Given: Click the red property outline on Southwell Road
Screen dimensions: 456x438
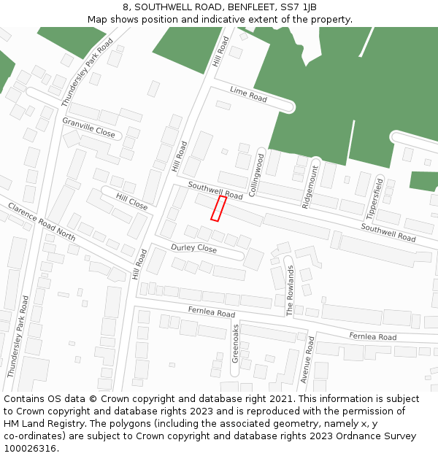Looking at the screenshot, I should (218, 208).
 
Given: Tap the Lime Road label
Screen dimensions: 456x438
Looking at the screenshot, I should (248, 94).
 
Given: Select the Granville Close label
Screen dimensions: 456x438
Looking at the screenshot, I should (88, 128).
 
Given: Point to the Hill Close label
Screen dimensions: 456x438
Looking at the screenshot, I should (131, 202).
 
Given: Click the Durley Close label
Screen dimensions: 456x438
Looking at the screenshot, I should (193, 249).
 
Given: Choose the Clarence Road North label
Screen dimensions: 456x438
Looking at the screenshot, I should (42, 222).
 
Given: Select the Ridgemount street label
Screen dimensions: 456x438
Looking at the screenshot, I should (310, 187).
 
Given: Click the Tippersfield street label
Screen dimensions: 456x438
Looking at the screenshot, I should (374, 197).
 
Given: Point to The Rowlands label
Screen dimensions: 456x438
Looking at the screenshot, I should (290, 290).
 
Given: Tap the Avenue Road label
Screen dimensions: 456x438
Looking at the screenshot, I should (307, 360).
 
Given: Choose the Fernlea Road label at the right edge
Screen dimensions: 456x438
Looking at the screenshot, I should (372, 336).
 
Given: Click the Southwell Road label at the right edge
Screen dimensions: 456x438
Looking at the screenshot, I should (388, 233).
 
